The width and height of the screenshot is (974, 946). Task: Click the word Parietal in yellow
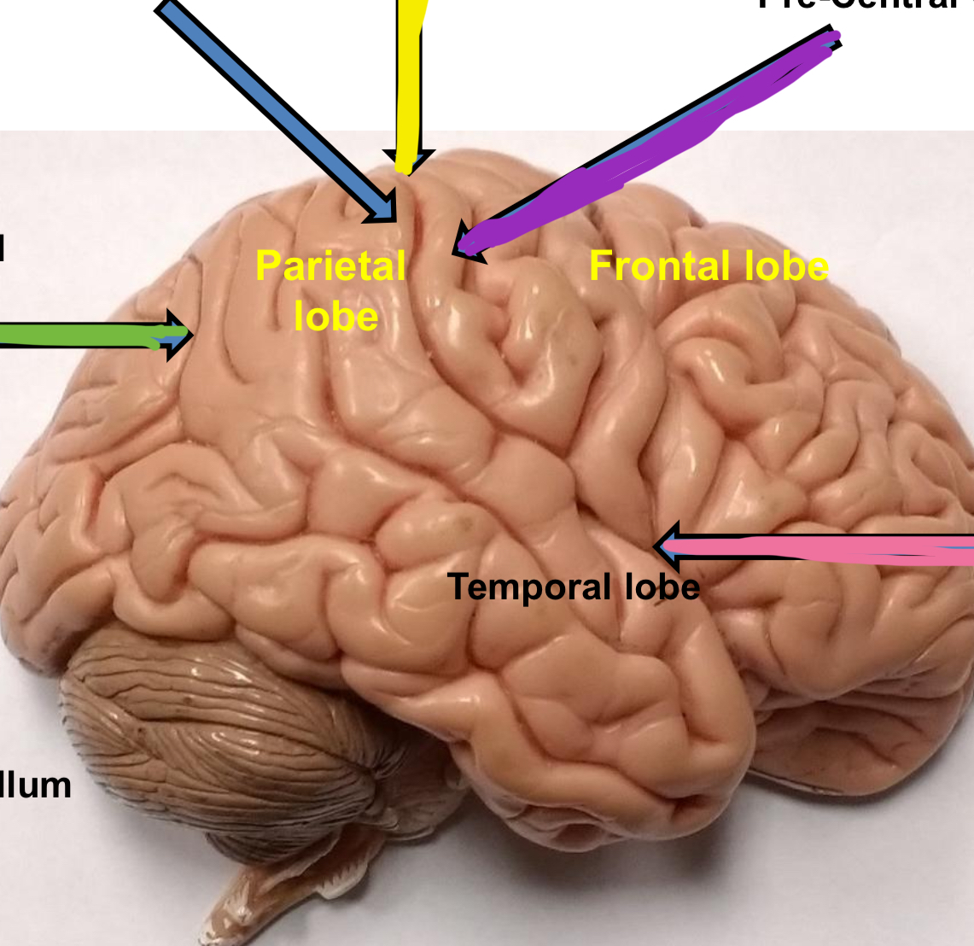pyautogui.click(x=330, y=266)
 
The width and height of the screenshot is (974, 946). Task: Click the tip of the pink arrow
pyautogui.click(x=656, y=546)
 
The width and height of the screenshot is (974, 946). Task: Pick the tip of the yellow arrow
pyautogui.click(x=408, y=170)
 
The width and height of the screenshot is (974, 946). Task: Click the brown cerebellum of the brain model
pyautogui.click(x=213, y=726)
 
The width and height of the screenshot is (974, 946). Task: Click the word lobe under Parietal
pyautogui.click(x=335, y=317)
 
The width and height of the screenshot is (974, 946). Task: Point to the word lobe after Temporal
pyautogui.click(x=662, y=587)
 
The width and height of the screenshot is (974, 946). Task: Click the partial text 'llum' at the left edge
pyautogui.click(x=36, y=785)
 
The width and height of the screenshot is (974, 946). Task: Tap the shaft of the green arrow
pyautogui.click(x=77, y=335)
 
